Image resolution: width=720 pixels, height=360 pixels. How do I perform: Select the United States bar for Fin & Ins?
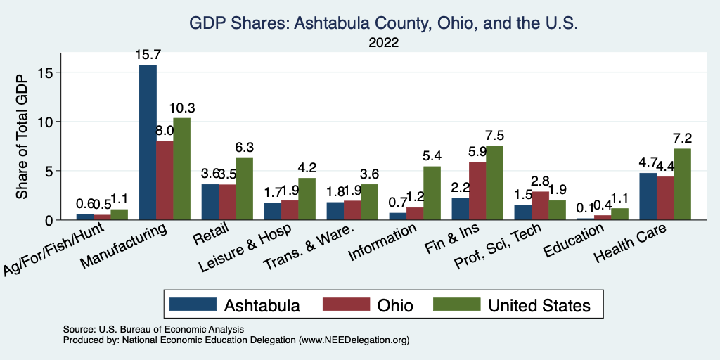point(496,183)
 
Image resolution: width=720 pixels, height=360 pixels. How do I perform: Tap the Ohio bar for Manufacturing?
point(165,180)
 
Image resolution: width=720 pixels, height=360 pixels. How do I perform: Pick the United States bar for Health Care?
point(682,184)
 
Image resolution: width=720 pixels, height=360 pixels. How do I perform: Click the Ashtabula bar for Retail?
point(210,202)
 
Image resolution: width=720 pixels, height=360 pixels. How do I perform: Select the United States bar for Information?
point(432,193)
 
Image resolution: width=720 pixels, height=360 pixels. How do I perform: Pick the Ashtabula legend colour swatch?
point(192,304)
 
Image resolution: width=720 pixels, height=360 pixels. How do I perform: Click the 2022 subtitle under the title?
point(383,43)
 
